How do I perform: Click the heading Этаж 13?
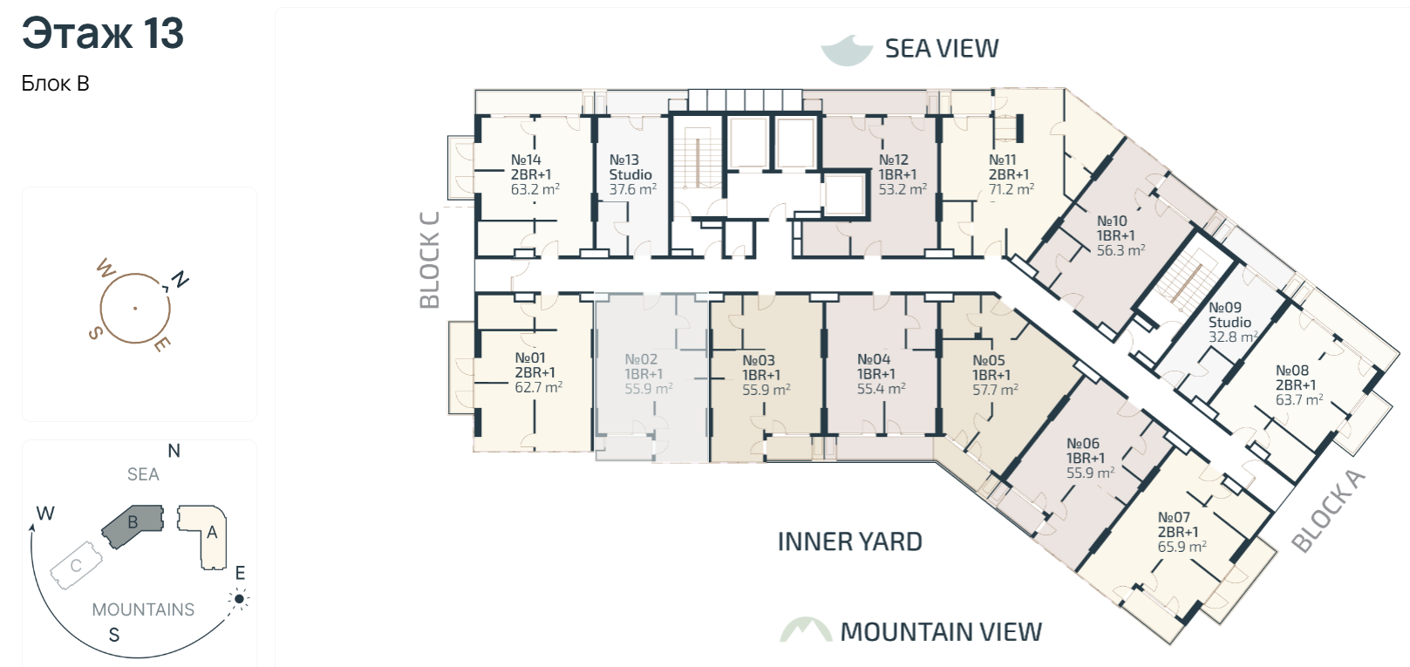[x=103, y=33]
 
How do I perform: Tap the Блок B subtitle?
[x=56, y=83]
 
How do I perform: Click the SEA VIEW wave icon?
[x=847, y=50]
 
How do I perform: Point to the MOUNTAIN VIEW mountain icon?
[x=806, y=630]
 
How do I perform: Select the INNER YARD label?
[x=850, y=541]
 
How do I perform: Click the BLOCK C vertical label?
[x=429, y=260]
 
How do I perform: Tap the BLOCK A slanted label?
[x=1328, y=511]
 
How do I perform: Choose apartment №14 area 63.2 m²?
[x=535, y=189]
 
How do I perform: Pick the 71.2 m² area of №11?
[x=1011, y=189]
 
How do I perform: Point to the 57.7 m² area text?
[x=995, y=390]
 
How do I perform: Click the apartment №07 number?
[x=1174, y=517]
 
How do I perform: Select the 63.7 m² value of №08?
[x=1299, y=399]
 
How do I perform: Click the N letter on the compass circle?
[x=181, y=279]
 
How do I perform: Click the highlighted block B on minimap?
[x=133, y=524]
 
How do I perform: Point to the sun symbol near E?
[x=239, y=599]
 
